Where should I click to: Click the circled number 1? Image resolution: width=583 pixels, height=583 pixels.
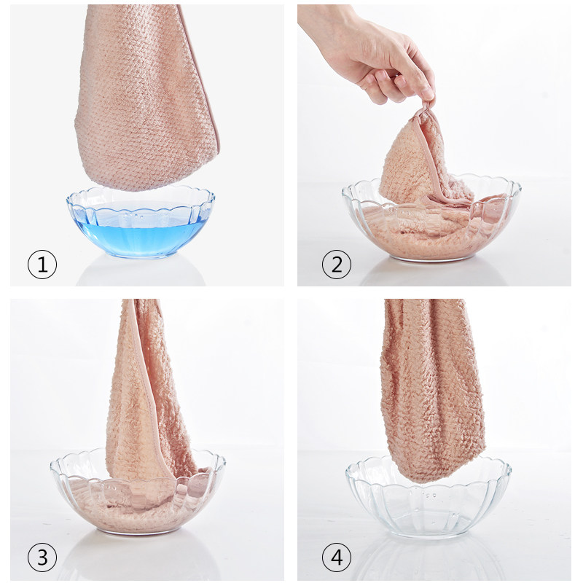click(x=42, y=265)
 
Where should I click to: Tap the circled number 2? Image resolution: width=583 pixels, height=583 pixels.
click(x=337, y=265)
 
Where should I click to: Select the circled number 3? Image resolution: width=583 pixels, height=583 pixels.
click(x=42, y=557)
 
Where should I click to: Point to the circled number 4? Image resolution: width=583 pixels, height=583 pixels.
click(x=337, y=557)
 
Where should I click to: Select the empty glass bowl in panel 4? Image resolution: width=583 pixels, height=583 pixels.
click(x=429, y=498)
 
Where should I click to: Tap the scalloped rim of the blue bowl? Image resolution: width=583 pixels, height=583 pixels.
click(x=140, y=196)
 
